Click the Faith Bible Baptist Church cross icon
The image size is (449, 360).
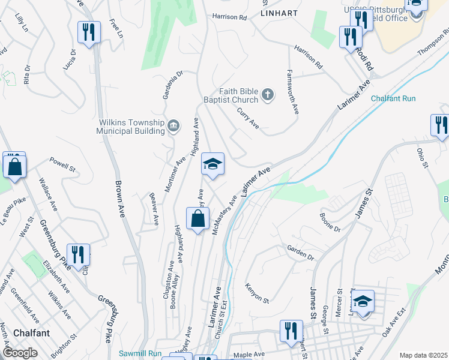268,94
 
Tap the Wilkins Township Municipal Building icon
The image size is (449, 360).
173,125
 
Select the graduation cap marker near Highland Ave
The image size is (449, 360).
212,164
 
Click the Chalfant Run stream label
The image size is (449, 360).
393,98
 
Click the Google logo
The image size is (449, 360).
20,353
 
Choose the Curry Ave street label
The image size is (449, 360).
248,118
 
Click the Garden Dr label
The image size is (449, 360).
300,253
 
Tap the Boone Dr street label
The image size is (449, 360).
330,222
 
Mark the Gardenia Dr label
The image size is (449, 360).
171,85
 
